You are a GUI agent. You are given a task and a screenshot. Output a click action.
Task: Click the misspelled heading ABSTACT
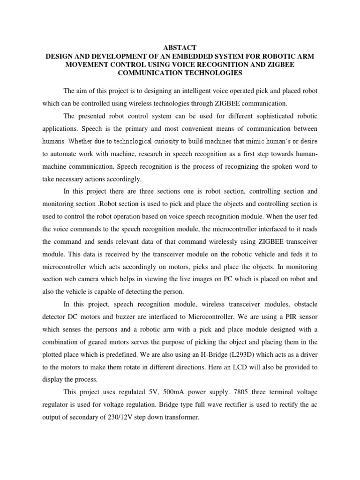pos(180,48)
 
